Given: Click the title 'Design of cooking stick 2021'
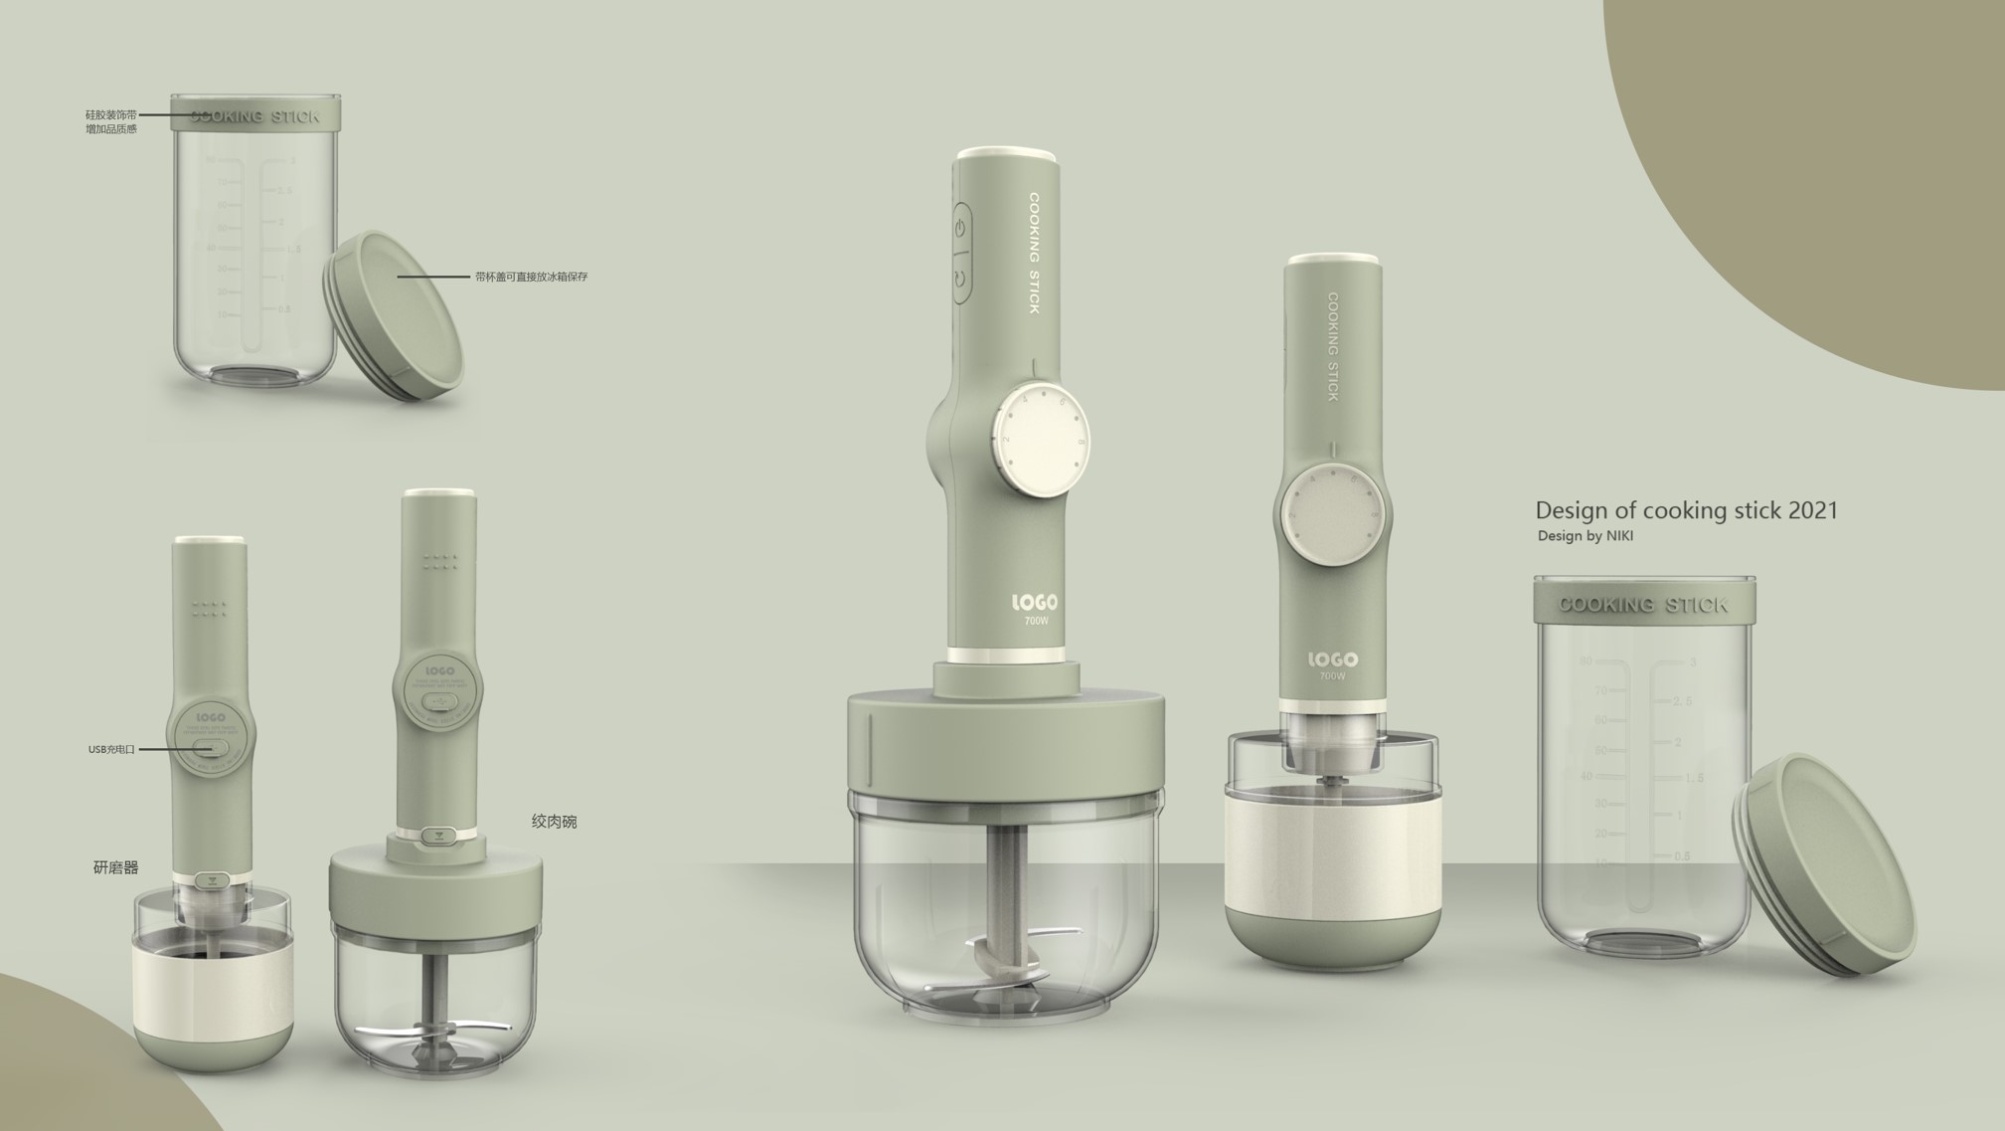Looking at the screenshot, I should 1686,510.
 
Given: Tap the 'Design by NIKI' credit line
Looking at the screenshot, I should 1585,536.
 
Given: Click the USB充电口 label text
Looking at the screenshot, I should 111,749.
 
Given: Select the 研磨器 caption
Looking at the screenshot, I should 115,867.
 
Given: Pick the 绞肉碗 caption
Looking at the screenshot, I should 554,822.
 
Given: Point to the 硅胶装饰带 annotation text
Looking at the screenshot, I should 110,115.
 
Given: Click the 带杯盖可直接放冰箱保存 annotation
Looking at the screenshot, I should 531,277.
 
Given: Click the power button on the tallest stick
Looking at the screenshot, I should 960,229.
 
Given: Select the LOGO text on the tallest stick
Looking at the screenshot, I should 1035,602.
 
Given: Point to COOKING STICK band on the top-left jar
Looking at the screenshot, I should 255,115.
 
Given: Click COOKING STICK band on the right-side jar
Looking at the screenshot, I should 1643,604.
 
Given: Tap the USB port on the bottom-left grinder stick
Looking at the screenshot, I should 211,747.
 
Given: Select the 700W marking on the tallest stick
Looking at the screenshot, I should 1036,621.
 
